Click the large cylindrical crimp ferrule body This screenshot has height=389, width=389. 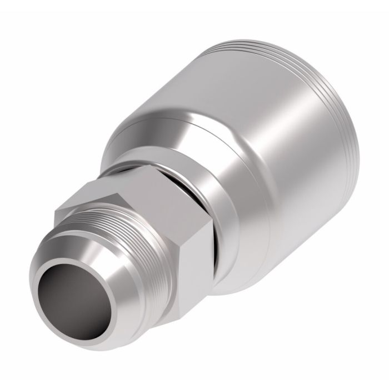click(x=267, y=167)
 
